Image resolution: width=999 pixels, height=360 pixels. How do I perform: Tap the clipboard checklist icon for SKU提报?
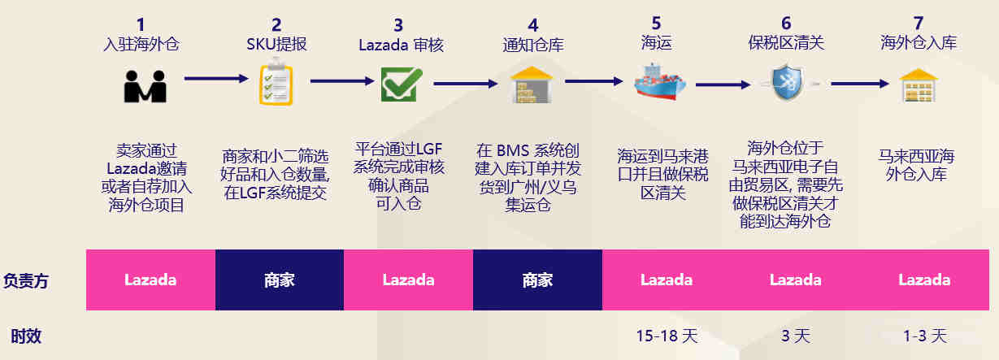276,85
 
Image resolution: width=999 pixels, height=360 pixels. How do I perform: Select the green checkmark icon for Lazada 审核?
402,85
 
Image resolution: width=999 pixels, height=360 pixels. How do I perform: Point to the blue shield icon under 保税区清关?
786,84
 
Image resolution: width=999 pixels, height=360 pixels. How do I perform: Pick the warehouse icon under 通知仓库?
531,85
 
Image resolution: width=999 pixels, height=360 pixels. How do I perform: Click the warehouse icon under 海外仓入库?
919,85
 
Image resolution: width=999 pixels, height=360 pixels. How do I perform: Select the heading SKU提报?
277,44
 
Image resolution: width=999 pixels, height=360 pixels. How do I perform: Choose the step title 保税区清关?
786,44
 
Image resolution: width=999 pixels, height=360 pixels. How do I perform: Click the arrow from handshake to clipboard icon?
216,79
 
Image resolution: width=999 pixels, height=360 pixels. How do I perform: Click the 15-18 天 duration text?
666,335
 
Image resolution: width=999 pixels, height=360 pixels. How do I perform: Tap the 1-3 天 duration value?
924,335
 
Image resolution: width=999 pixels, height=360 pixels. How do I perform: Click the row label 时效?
26,336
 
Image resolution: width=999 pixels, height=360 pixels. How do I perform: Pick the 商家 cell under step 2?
280,280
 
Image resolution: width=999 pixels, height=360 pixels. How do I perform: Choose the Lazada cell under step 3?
408,280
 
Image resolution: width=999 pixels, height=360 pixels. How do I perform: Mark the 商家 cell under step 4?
537,280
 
